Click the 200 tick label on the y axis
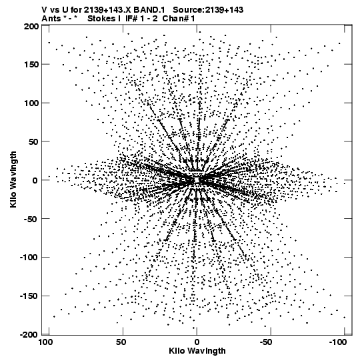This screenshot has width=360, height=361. [x=31, y=27]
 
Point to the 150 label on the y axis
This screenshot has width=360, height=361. [x=31, y=65]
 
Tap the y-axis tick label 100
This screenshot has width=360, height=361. [x=31, y=103]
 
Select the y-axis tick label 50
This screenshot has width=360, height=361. [x=33, y=141]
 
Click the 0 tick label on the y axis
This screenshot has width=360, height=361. [x=35, y=180]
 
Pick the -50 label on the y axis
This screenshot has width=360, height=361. [x=31, y=219]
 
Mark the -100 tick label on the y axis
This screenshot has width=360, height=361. [x=29, y=258]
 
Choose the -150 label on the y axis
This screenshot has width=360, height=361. [x=29, y=296]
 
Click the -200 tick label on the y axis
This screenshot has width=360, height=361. [x=29, y=334]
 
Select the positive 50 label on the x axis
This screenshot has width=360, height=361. [x=121, y=342]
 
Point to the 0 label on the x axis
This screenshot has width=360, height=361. [x=197, y=342]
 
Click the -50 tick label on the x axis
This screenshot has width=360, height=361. [x=268, y=342]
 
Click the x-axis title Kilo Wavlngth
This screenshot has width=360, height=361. [x=197, y=351]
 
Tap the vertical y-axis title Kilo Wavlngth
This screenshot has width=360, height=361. [x=13, y=179]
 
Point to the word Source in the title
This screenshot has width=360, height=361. [x=188, y=10]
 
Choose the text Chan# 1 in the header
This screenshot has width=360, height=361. [x=179, y=19]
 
